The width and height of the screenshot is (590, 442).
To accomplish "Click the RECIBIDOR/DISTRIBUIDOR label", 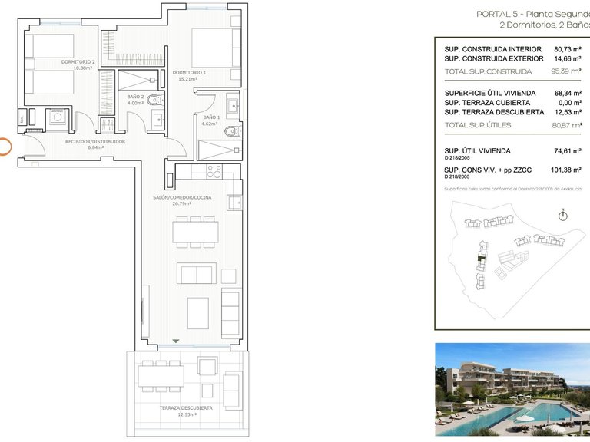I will point(94,141).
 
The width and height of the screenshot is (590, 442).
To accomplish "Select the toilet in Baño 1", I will point(232,131).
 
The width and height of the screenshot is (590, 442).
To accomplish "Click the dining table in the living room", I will point(195,231).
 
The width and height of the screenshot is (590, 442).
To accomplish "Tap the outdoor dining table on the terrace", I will point(161,375).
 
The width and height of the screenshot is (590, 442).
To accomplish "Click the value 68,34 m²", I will point(568,94).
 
